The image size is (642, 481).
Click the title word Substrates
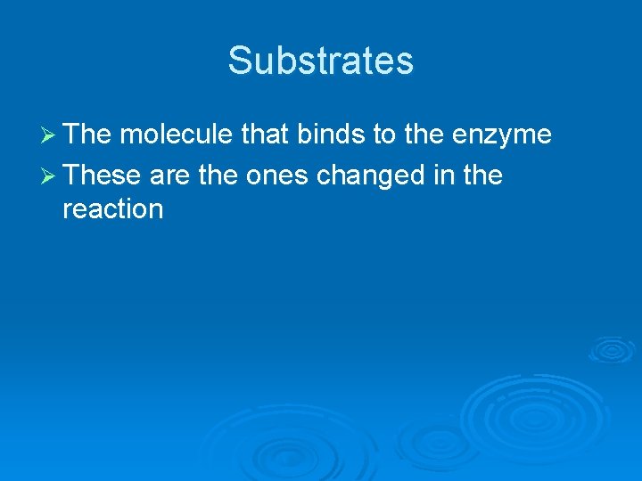321,61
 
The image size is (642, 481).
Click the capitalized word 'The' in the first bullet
87,135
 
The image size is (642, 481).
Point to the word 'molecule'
177,135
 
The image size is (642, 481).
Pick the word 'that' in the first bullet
266,135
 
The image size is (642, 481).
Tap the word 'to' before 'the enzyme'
385,135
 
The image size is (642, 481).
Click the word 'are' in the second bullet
170,175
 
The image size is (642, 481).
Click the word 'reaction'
113,209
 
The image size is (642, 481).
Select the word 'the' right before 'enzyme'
429,135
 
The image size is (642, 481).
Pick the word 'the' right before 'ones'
218,175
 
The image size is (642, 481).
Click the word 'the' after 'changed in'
482,175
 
